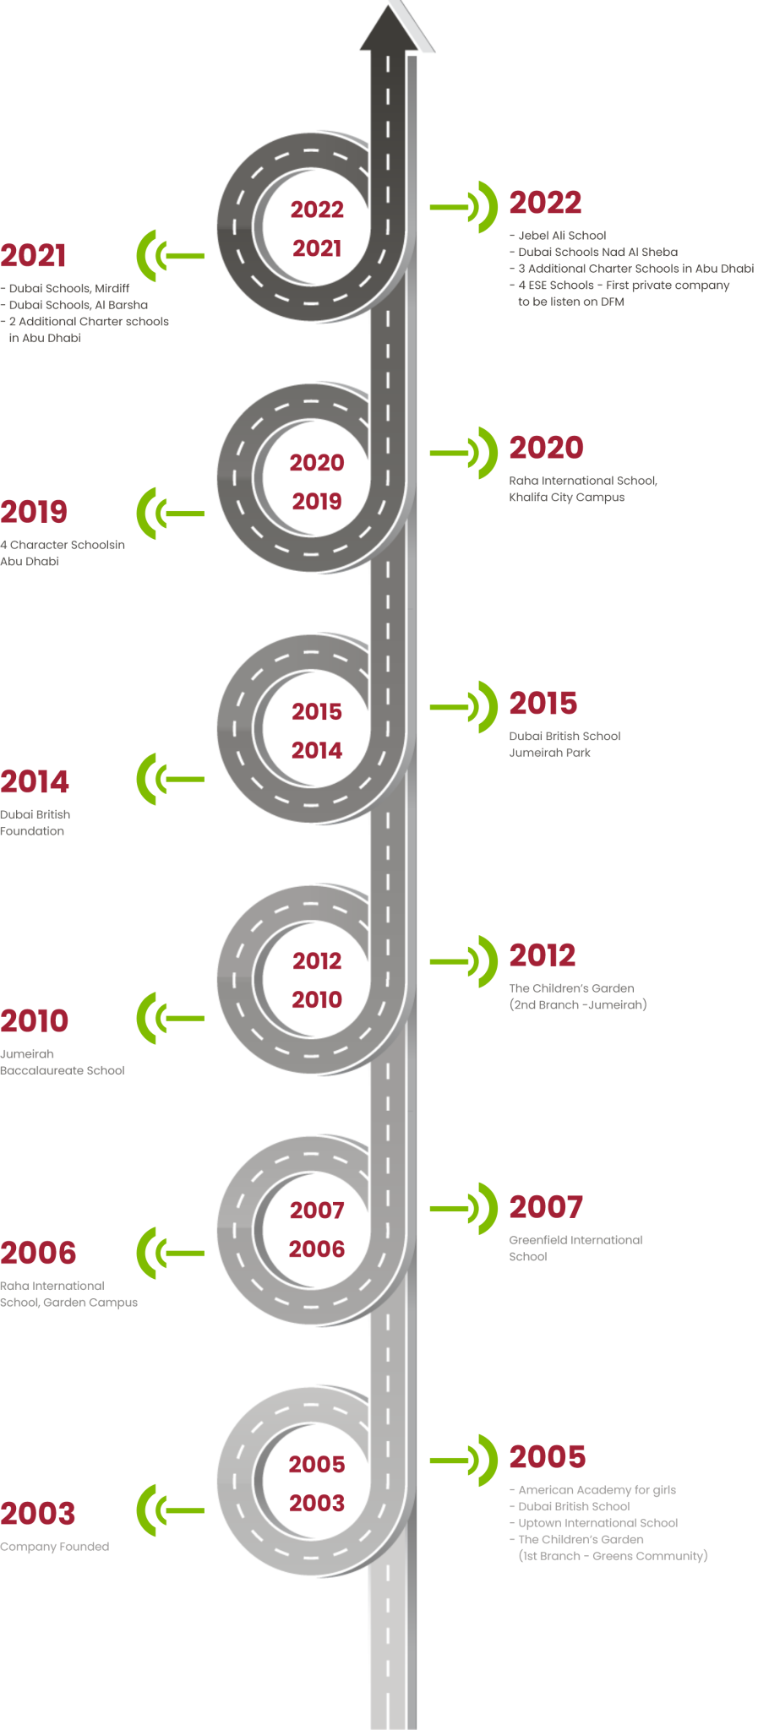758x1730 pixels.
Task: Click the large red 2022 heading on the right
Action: pos(545,203)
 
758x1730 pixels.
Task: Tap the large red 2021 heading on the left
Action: pos(33,255)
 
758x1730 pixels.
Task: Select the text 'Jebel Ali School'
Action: pos(562,236)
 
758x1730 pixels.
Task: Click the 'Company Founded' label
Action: pos(55,1547)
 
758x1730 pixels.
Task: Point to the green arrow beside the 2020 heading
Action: pos(464,453)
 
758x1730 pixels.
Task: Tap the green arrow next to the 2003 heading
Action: pos(170,1510)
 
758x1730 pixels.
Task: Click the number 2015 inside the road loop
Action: pos(317,711)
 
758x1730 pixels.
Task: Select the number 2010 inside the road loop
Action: pos(317,999)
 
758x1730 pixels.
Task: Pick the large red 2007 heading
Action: pos(546,1207)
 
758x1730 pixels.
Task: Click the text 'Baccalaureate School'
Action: pos(63,1070)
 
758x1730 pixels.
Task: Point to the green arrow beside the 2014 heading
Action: pos(170,779)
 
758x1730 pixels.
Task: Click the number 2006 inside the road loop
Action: pos(317,1249)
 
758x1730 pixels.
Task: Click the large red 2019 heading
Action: pos(34,512)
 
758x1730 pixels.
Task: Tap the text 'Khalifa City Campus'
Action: pos(567,497)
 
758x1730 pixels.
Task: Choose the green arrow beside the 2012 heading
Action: pos(464,961)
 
